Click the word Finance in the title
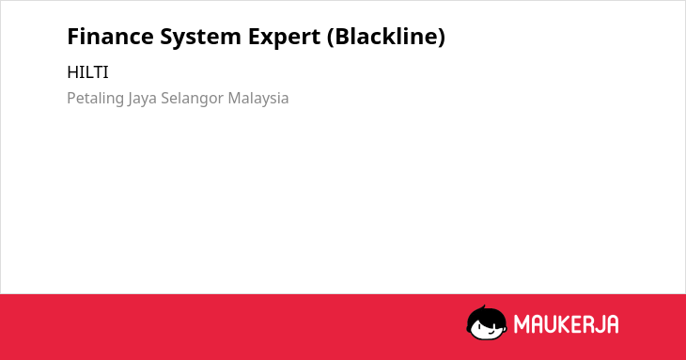click(x=110, y=36)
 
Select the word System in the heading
click(x=200, y=38)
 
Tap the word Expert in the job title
click(x=285, y=38)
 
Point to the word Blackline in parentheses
click(x=387, y=36)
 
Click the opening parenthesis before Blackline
click(x=330, y=38)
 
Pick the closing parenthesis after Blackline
click(x=442, y=38)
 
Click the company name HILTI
click(x=87, y=72)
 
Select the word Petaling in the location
click(x=95, y=99)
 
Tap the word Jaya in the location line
click(x=142, y=99)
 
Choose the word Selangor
click(x=193, y=99)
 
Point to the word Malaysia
click(x=258, y=99)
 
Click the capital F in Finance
click(x=73, y=37)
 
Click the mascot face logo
click(x=487, y=322)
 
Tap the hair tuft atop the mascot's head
click(x=484, y=307)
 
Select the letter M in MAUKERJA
click(x=522, y=324)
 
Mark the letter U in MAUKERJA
click(x=551, y=324)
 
